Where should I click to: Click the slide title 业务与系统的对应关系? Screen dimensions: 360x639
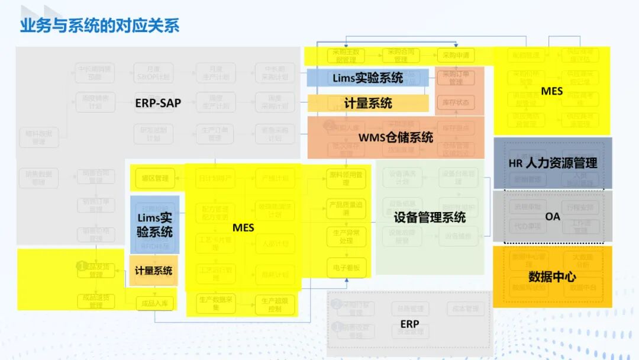tap(99, 26)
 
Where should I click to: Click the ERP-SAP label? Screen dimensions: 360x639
tap(158, 102)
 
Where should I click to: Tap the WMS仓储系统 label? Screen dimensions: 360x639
tap(396, 137)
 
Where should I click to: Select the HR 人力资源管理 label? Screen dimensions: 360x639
tap(553, 163)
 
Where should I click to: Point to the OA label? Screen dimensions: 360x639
tap(553, 217)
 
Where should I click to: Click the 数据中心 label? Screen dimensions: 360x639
tap(552, 277)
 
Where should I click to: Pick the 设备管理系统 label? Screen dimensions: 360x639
tap(430, 217)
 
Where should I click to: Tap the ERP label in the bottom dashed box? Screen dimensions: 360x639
tap(409, 324)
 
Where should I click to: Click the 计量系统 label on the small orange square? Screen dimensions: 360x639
tap(153, 271)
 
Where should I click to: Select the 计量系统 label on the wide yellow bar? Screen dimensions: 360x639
tap(368, 103)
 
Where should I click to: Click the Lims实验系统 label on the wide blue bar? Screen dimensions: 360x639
tap(367, 78)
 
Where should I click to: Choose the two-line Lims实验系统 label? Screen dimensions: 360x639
tap(155, 224)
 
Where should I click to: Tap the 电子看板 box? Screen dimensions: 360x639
tap(346, 268)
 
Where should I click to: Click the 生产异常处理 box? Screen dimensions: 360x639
tap(346, 237)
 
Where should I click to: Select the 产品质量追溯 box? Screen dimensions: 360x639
tap(346, 208)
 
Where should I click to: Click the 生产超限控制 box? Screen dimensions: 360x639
tap(275, 304)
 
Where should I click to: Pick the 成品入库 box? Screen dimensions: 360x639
tap(156, 304)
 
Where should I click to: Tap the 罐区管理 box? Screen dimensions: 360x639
tap(155, 178)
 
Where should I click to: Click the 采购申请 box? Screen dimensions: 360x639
tap(456, 56)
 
